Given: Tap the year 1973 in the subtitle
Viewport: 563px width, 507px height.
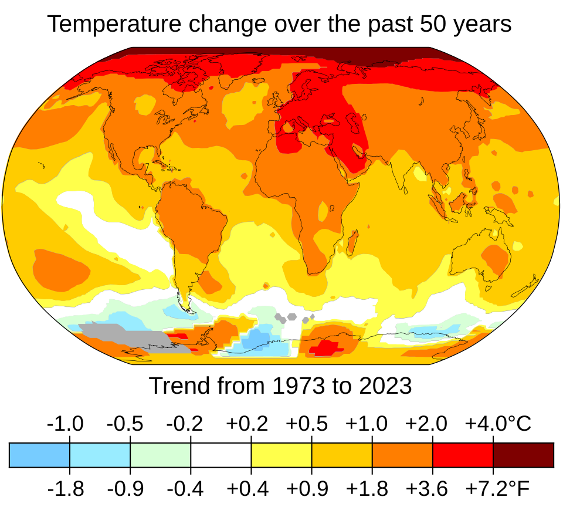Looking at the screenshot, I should point(299,386).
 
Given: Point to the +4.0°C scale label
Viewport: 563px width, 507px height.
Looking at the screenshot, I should point(498,423).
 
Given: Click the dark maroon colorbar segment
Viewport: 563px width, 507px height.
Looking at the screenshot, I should point(523,455).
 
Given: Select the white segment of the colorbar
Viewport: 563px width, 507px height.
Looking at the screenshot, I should point(221,455).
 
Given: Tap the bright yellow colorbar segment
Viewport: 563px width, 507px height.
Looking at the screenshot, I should point(281,455).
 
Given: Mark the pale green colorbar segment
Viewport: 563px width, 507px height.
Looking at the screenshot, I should point(160,455).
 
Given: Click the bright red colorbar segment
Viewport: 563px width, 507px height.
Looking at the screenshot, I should point(463,455).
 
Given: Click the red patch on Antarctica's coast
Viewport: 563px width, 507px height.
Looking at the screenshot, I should point(326,348).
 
